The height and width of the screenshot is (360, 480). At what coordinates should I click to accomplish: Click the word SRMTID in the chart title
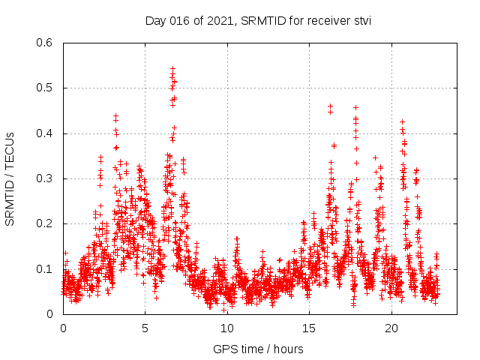coord(261,21)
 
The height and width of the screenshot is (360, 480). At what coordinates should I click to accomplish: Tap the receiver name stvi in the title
coord(359,21)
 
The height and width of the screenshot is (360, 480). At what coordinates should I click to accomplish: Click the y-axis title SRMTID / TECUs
coord(10,178)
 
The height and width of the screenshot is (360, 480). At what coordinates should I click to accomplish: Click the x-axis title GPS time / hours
coord(258,349)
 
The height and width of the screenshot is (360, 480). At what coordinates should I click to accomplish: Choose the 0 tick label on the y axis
coord(49,314)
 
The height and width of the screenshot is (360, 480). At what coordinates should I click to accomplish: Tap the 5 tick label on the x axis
coord(145,328)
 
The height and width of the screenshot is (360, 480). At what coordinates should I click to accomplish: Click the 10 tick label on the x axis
coord(227,328)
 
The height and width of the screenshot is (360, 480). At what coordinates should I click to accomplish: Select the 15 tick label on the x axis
coord(309,328)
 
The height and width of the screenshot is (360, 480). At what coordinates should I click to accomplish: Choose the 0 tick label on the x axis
coord(63,328)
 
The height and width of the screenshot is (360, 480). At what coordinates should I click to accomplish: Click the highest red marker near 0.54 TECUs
coord(173,68)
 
